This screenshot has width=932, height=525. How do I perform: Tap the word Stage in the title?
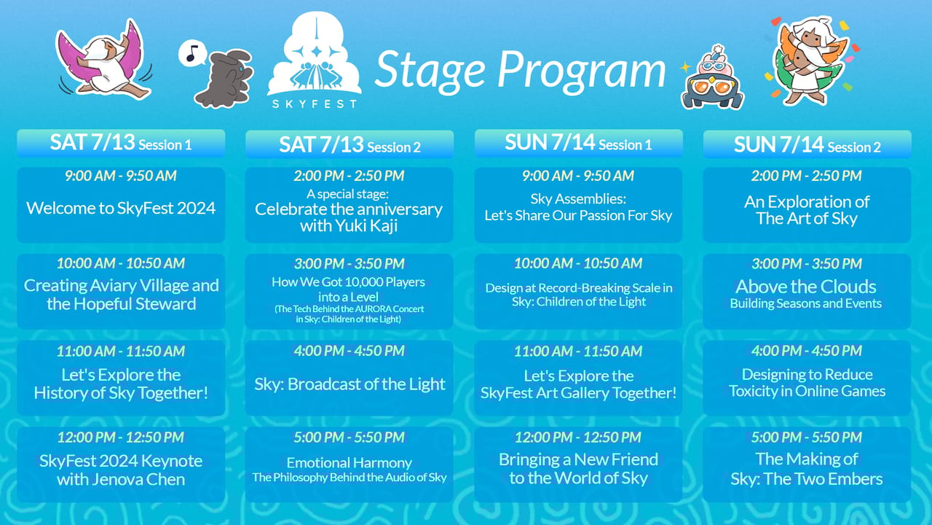point(430,71)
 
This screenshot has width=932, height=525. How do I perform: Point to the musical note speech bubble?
point(192,53)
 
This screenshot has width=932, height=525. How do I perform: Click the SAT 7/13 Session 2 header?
point(349,144)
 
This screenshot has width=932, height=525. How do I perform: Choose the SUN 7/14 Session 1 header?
point(578,143)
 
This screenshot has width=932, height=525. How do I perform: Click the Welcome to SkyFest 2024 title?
point(121,208)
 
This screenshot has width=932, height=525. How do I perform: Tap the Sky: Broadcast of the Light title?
point(349,384)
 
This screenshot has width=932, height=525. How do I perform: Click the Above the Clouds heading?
point(806,287)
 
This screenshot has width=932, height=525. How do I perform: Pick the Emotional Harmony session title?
point(349,462)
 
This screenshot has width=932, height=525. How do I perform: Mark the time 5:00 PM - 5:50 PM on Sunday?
point(807,437)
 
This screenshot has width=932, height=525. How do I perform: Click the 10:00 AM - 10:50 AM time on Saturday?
point(121,263)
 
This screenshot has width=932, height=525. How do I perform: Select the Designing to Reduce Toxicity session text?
point(807,383)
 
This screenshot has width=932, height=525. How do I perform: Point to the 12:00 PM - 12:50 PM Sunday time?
point(578,437)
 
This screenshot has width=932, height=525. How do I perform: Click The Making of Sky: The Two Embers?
point(807,469)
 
